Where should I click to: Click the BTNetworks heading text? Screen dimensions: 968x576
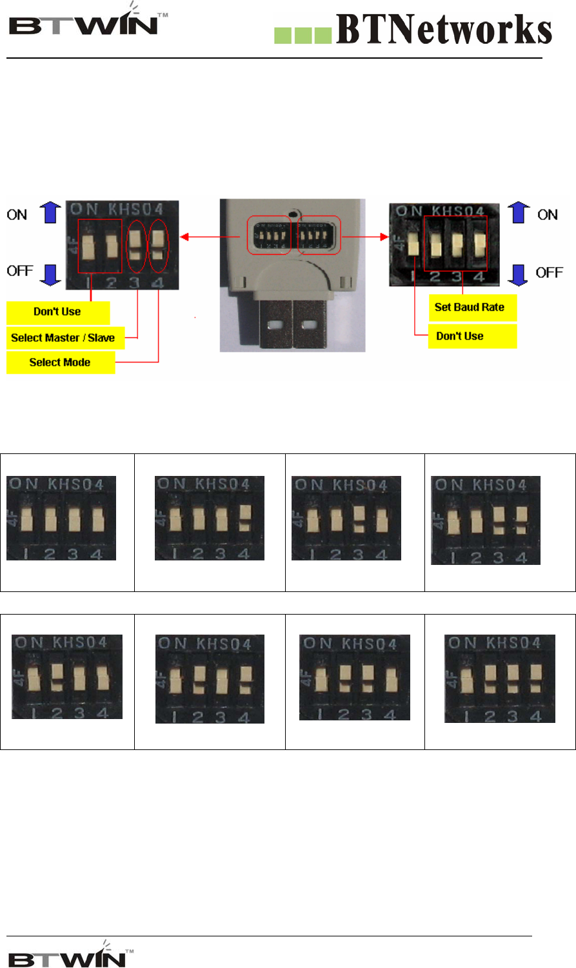(x=444, y=30)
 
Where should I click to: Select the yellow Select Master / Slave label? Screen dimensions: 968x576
(x=63, y=337)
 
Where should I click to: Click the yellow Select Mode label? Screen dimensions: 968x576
(x=60, y=362)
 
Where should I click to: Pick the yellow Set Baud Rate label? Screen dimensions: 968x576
(x=470, y=307)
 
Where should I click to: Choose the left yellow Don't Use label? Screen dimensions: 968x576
(x=57, y=311)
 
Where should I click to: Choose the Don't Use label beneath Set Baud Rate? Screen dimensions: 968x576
(x=460, y=336)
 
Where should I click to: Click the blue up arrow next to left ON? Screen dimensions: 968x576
(x=50, y=213)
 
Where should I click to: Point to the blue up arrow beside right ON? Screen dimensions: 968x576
(x=518, y=213)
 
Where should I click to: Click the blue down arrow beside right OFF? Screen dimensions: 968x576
(x=518, y=273)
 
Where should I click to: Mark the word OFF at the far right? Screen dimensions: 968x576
(x=549, y=273)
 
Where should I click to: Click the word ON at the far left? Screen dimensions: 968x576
(x=17, y=215)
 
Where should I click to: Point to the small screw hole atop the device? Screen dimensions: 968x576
(x=294, y=213)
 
